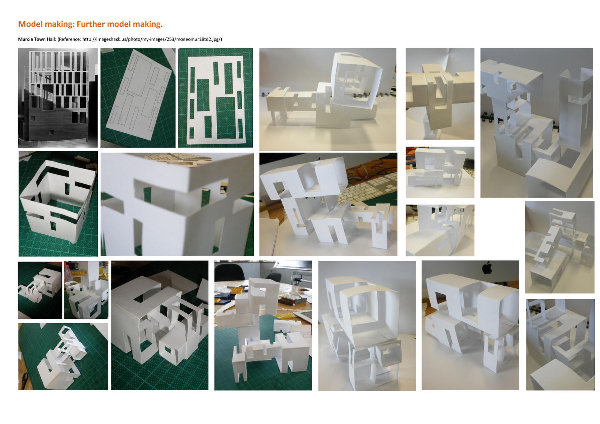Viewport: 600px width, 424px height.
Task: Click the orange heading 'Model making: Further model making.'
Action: [90, 24]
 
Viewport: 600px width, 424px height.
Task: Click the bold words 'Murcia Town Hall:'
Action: [37, 39]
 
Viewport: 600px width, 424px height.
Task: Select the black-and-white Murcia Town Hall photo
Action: [58, 98]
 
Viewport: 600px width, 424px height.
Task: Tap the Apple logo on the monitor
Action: [487, 268]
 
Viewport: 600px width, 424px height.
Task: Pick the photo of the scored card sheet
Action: [138, 98]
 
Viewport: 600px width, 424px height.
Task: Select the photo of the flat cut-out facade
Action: [215, 98]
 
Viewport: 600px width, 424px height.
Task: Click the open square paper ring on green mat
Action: [56, 202]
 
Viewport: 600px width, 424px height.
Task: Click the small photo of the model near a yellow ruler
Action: [86, 290]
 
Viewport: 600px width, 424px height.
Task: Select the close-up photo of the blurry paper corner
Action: [177, 204]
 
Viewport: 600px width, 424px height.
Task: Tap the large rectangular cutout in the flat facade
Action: [226, 117]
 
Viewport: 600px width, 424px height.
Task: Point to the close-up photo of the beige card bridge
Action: [440, 94]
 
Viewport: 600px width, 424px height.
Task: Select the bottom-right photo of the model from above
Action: [560, 344]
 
